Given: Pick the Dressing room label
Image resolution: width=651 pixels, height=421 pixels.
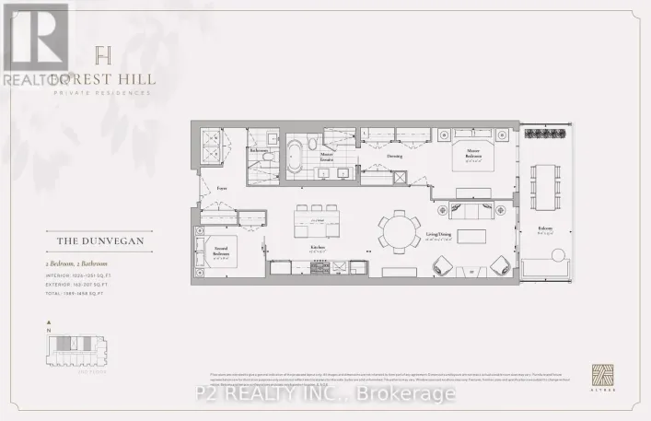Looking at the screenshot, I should (394, 157).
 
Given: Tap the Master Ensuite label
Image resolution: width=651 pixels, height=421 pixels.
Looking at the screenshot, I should (327, 159).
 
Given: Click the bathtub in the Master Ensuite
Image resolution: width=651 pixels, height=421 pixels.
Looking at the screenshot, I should (296, 154).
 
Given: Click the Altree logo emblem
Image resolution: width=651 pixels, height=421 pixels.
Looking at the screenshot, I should (600, 378).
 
